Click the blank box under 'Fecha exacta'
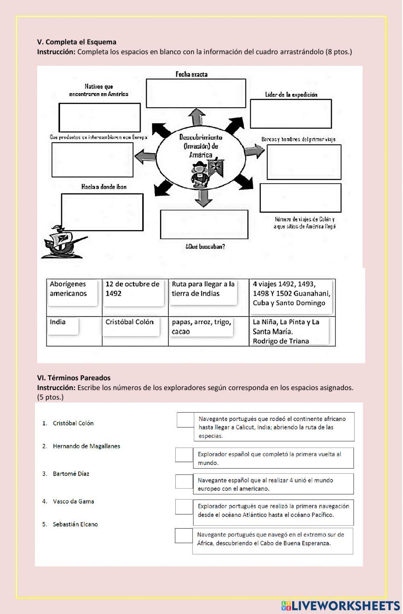click(196, 93)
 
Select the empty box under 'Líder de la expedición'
click(291, 114)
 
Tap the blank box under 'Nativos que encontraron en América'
click(100, 117)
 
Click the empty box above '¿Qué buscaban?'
click(204, 224)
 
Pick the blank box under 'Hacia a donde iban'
click(102, 212)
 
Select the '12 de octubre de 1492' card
click(133, 292)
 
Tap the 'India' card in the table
click(62, 326)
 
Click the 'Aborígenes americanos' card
click(72, 292)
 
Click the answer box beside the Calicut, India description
click(185, 420)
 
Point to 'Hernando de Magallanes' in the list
click(86, 446)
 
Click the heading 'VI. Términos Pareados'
click(74, 378)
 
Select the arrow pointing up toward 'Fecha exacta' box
click(197, 117)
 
